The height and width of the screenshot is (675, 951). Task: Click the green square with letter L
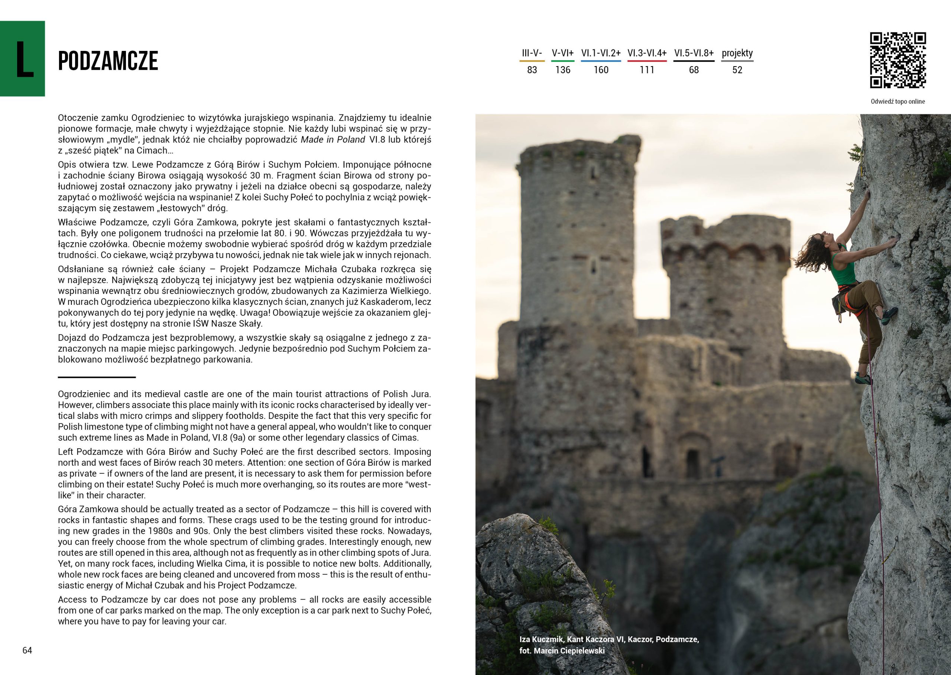coord(22,59)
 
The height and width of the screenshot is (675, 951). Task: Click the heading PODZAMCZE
coord(108,61)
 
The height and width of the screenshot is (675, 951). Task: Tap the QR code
coord(898,60)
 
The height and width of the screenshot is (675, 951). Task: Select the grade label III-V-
coord(532,53)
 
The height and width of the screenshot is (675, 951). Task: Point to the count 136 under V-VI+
coord(563,70)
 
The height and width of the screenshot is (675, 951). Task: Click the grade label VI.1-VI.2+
coord(600,53)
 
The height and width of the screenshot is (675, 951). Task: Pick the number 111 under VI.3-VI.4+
coord(647,70)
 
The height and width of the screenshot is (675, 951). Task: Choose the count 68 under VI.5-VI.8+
coord(694,70)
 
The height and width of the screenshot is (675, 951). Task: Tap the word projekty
coord(737,53)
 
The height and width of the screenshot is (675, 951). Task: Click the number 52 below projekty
coord(737,70)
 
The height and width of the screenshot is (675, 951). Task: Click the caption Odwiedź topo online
coord(898,101)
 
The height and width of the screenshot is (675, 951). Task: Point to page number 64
coord(27,650)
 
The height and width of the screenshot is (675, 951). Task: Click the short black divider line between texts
coord(97,377)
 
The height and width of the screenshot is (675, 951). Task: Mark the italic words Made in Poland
coord(332,140)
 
